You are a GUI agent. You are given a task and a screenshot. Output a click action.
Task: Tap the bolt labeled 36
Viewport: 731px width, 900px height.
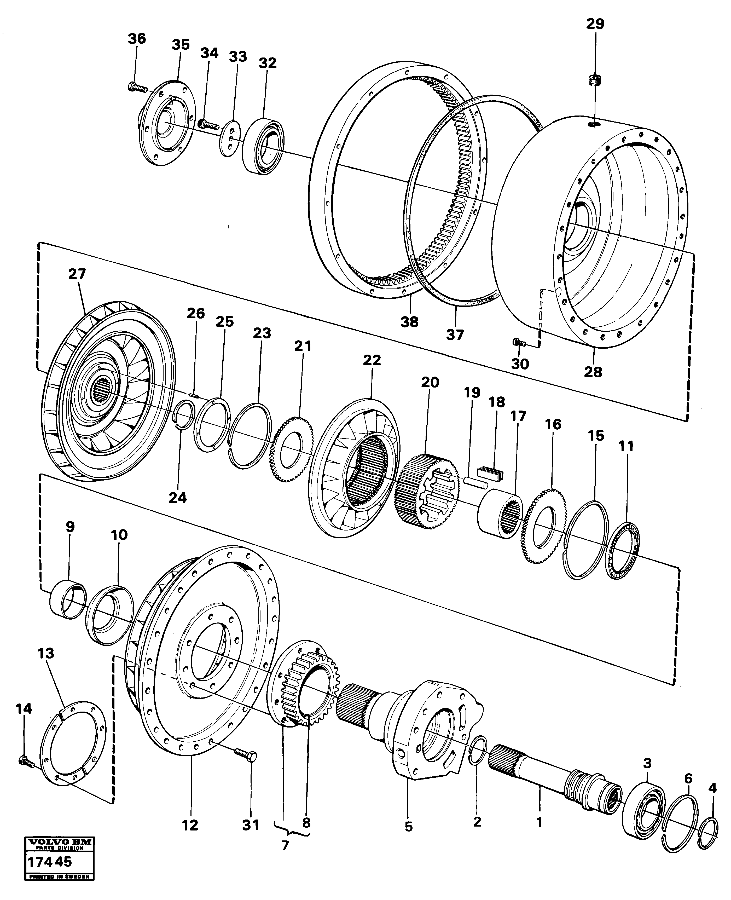(x=137, y=88)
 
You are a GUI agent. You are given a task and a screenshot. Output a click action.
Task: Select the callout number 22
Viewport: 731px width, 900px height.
(x=372, y=360)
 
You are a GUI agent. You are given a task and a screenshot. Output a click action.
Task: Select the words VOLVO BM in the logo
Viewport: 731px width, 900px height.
(x=59, y=841)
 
